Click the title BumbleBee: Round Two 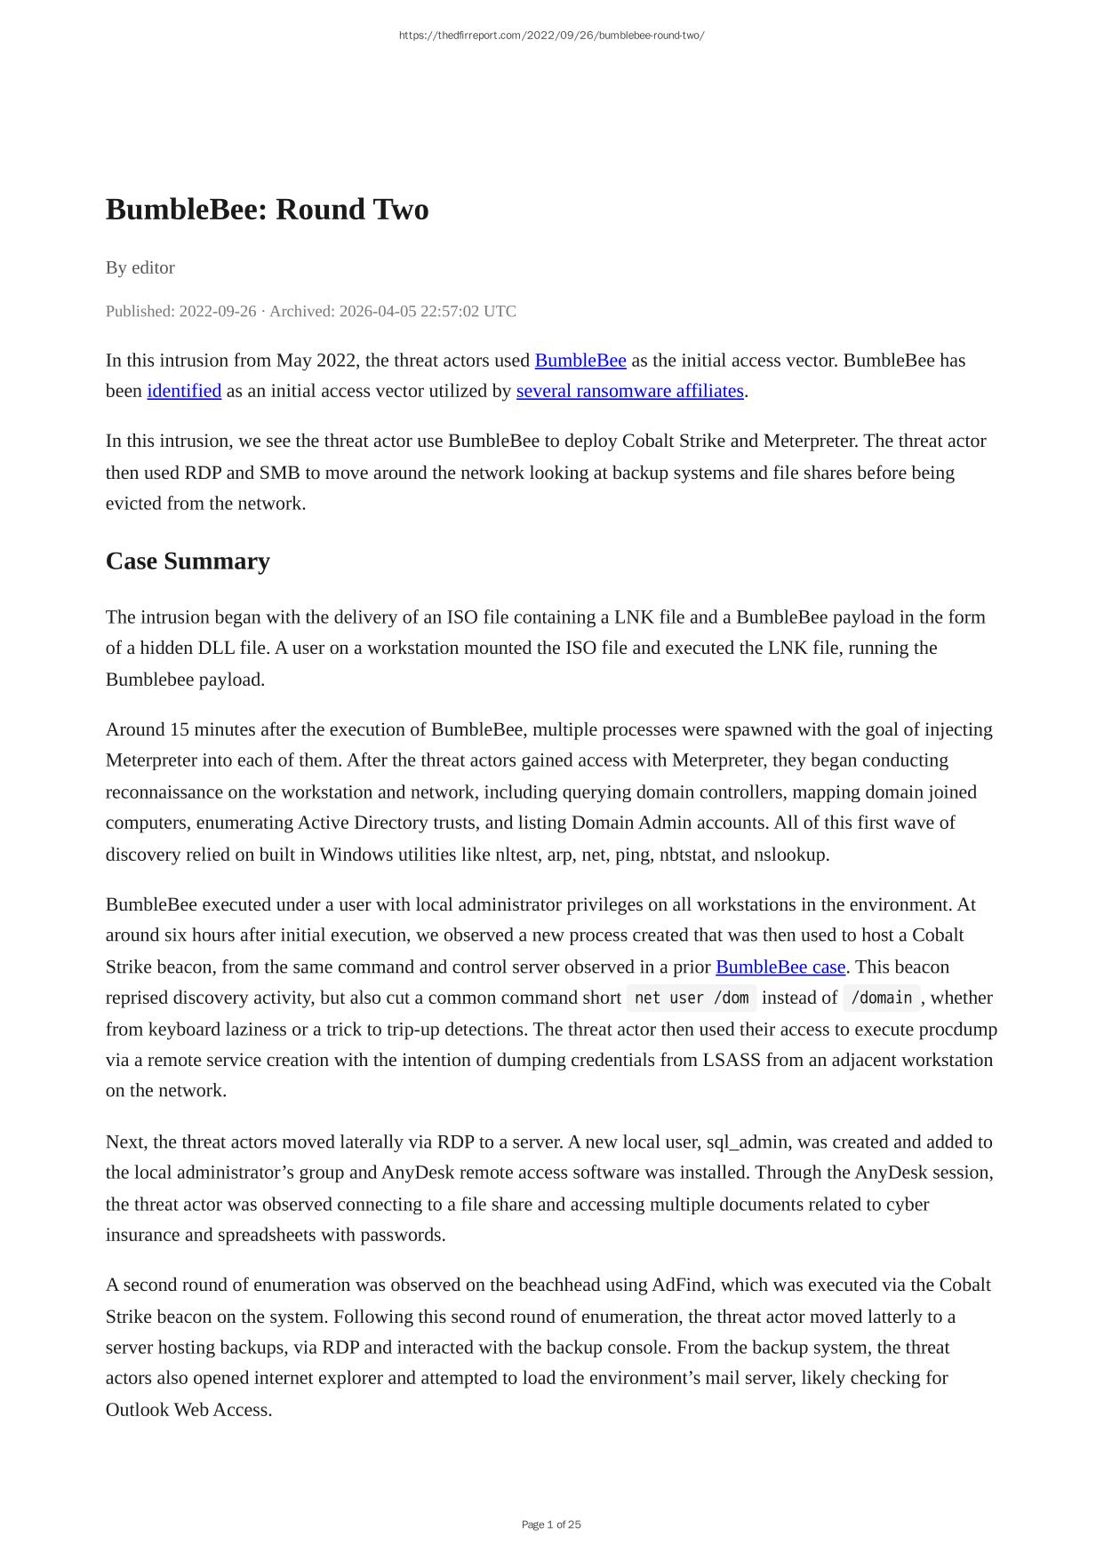267,210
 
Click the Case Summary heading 188,561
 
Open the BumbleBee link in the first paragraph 580,361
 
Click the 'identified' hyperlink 184,391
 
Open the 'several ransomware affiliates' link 629,391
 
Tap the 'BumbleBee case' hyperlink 780,967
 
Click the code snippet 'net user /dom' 692,998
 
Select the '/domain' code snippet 882,998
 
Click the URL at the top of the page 551,36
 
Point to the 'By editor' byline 140,267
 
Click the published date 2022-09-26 217,311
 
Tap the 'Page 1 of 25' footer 551,1524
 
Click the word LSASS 732,1060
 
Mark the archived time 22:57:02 414,311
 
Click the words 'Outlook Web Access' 188,1410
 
